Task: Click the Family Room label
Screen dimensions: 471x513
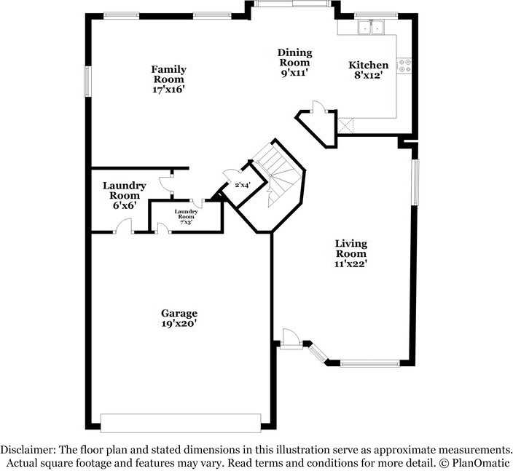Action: pyautogui.click(x=168, y=79)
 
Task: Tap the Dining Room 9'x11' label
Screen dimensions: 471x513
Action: pyautogui.click(x=294, y=62)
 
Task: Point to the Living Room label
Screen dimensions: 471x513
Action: pyautogui.click(x=351, y=253)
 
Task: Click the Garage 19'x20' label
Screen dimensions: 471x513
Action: pyautogui.click(x=179, y=318)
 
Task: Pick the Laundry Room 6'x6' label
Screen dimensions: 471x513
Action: pyautogui.click(x=125, y=195)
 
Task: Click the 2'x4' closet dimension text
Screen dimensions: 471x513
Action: pyautogui.click(x=242, y=185)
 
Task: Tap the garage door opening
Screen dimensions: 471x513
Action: pyautogui.click(x=180, y=423)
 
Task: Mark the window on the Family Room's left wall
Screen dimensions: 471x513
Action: pyautogui.click(x=87, y=81)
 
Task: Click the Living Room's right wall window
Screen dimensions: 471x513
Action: pyautogui.click(x=415, y=182)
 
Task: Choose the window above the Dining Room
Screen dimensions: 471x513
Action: pyautogui.click(x=295, y=4)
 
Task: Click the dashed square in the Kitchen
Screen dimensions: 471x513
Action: pyautogui.click(x=345, y=126)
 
